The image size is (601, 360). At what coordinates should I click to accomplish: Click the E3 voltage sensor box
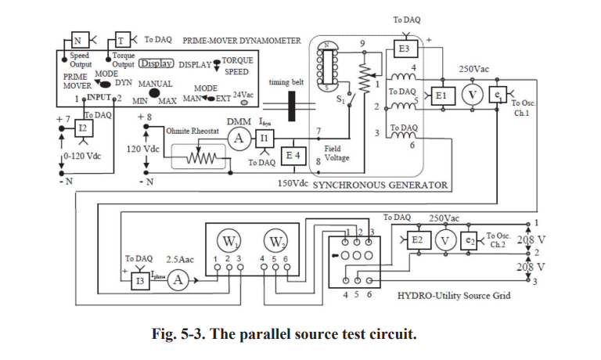tap(404, 49)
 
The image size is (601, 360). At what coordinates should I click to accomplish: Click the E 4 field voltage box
tap(292, 157)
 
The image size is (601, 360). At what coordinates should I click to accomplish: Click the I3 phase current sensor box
tap(139, 279)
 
